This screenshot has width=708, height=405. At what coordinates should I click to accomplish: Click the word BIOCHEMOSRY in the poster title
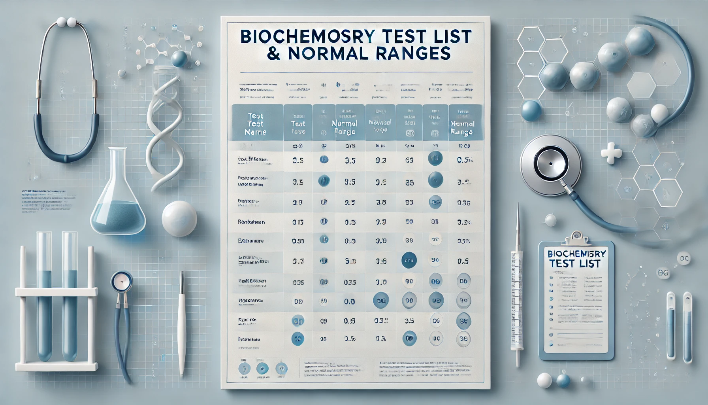click(x=307, y=37)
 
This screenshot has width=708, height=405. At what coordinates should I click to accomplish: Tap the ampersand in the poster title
click(x=273, y=54)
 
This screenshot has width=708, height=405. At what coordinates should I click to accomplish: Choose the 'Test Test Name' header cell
click(x=255, y=123)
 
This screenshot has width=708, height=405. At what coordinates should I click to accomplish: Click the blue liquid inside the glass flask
click(x=118, y=218)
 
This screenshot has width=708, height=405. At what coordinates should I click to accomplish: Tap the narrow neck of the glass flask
click(x=117, y=166)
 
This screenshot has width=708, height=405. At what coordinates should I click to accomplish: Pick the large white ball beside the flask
click(x=179, y=219)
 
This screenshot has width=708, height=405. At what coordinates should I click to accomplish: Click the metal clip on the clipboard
click(x=576, y=238)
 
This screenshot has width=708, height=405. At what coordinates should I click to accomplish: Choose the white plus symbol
click(x=611, y=153)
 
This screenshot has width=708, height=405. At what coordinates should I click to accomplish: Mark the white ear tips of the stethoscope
click(x=66, y=22)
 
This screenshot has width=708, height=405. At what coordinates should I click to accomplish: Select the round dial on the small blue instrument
click(x=121, y=282)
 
